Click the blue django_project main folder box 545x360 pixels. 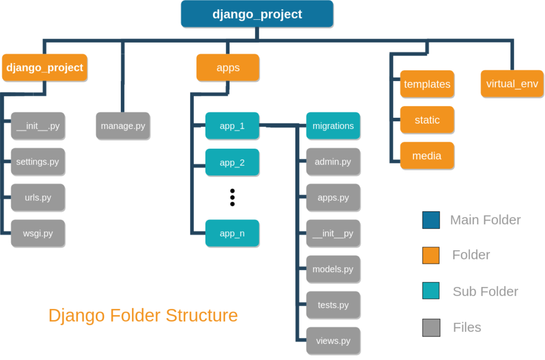(x=257, y=14)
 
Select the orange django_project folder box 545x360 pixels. (x=45, y=68)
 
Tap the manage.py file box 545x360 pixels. (x=123, y=126)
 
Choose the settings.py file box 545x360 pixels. (x=38, y=162)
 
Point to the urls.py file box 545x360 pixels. (x=38, y=198)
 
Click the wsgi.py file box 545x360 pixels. (x=38, y=233)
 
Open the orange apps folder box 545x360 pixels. (x=228, y=68)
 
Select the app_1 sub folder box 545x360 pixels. (x=232, y=126)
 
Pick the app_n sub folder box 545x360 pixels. (x=232, y=233)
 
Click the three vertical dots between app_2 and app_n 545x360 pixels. (x=232, y=197)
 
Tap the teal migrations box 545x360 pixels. (x=333, y=126)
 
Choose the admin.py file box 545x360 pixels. (x=333, y=162)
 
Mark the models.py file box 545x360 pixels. (x=333, y=269)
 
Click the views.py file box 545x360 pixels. (x=333, y=341)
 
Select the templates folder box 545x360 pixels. (x=427, y=84)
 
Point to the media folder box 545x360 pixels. (x=427, y=156)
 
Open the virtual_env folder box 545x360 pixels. (x=512, y=84)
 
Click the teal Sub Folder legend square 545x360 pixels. (x=431, y=291)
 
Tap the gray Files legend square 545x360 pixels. (x=431, y=328)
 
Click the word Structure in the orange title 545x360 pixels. (x=202, y=315)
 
